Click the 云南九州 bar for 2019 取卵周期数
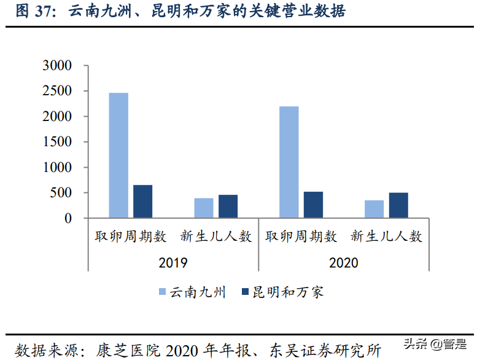(118, 155)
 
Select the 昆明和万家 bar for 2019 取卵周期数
(142, 202)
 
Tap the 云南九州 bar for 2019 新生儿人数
(204, 208)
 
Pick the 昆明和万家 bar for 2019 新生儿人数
(228, 206)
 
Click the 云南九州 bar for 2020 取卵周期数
(289, 162)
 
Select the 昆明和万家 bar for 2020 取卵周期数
(313, 205)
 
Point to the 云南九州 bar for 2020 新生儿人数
(374, 209)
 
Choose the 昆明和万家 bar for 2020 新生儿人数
(398, 205)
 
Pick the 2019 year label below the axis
(173, 262)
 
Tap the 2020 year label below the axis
(343, 262)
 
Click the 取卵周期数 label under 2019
(130, 237)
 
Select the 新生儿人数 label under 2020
(386, 237)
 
